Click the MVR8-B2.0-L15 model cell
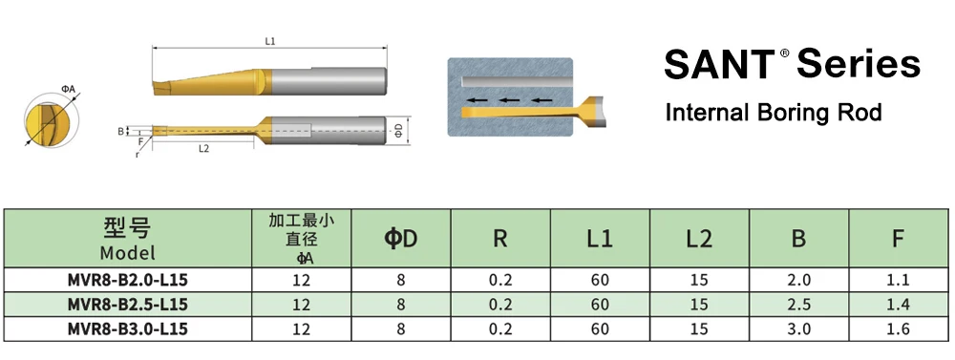pyautogui.click(x=128, y=280)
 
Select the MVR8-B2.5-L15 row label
pyautogui.click(x=128, y=304)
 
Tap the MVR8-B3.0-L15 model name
pyautogui.click(x=128, y=328)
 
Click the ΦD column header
pyautogui.click(x=401, y=239)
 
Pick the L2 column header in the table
pyautogui.click(x=699, y=239)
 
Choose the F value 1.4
pyautogui.click(x=899, y=305)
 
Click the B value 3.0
pyautogui.click(x=799, y=329)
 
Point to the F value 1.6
pyautogui.click(x=899, y=329)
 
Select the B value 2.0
pyautogui.click(x=799, y=281)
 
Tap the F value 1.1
pyautogui.click(x=899, y=281)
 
